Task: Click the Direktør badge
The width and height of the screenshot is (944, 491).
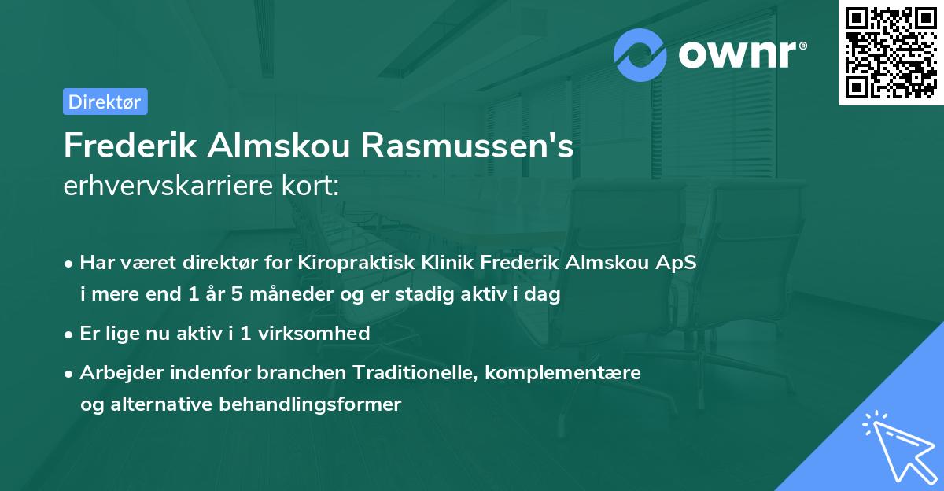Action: click(x=104, y=102)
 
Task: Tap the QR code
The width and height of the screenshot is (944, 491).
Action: click(x=891, y=53)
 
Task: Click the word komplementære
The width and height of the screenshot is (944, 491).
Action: click(x=563, y=372)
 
